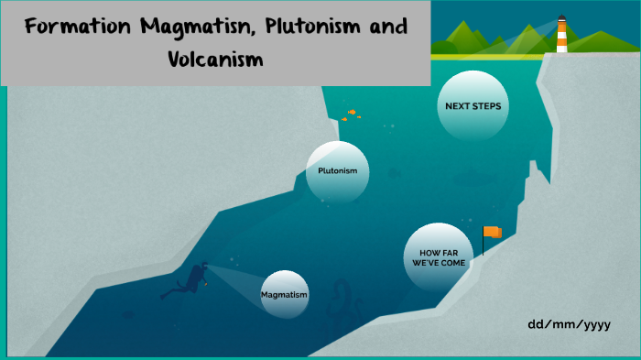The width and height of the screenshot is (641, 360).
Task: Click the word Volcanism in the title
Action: tap(215, 60)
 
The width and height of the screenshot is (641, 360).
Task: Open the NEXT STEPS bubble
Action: tap(473, 106)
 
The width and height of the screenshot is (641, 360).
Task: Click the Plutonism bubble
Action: tap(337, 171)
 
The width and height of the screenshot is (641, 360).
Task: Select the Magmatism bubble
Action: tap(284, 295)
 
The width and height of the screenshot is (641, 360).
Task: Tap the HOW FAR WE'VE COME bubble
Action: tap(439, 256)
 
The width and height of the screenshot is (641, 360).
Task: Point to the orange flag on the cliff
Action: tap(493, 233)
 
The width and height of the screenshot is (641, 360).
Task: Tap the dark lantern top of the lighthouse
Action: tap(561, 17)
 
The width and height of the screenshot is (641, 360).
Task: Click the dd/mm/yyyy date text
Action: tap(569, 324)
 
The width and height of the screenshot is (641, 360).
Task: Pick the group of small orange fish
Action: tap(351, 115)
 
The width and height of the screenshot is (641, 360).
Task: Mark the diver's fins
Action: tap(168, 294)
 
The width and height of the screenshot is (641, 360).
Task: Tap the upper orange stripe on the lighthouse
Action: tap(561, 30)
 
